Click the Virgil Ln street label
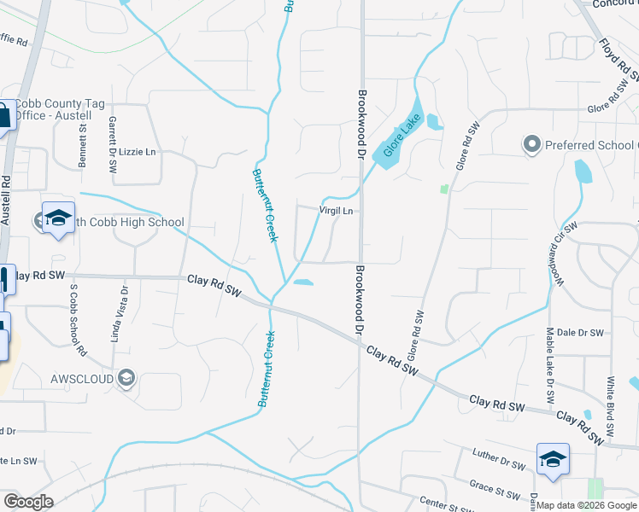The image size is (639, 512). (336, 210)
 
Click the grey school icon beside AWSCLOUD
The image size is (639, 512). (127, 378)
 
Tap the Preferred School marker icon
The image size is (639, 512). (532, 144)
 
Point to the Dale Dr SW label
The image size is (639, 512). (580, 333)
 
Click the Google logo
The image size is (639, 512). (28, 502)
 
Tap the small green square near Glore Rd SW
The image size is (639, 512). (443, 188)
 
